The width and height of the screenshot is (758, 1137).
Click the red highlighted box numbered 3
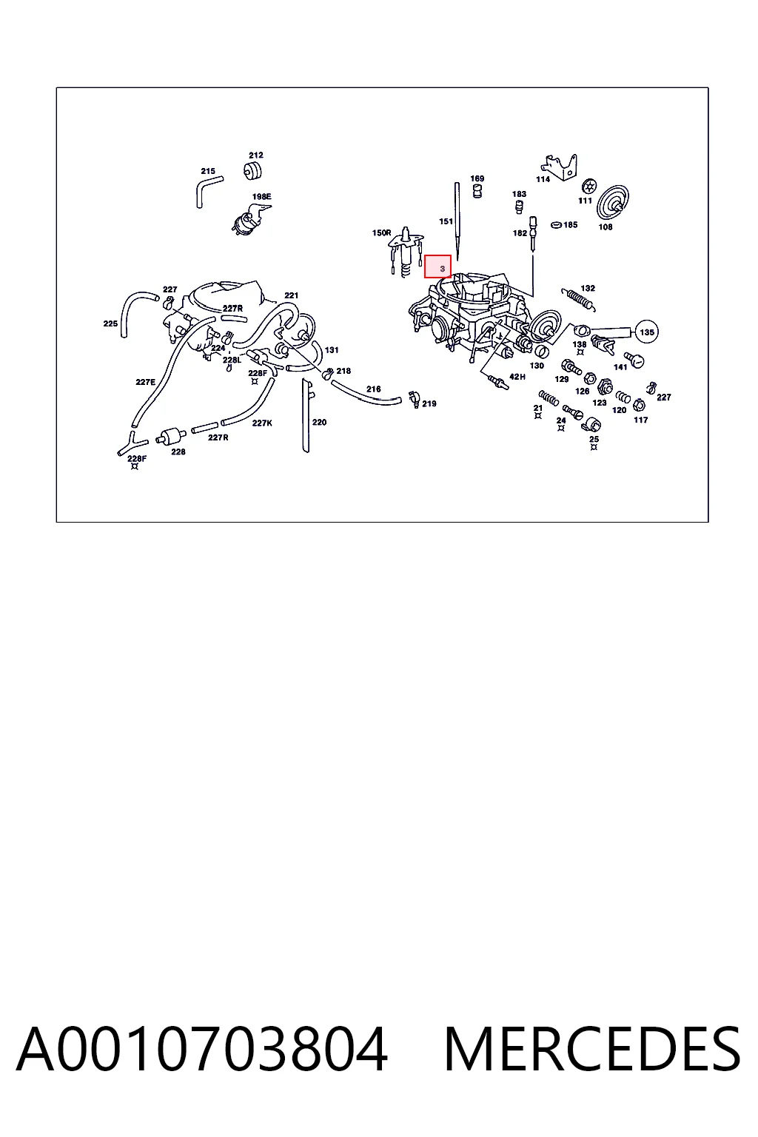437,266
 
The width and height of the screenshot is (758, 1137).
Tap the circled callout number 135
647,332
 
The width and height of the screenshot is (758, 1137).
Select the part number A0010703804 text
202,1049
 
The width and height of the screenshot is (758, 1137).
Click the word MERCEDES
592,1049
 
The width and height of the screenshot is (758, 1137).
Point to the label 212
256,155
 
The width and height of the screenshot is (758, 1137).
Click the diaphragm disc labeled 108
614,203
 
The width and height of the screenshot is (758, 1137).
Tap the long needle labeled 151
457,221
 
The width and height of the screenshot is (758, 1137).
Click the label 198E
262,196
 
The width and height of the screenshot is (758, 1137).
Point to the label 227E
146,382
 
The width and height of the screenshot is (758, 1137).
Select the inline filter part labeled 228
170,435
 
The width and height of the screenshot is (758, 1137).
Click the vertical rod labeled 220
306,415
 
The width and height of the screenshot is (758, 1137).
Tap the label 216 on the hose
374,389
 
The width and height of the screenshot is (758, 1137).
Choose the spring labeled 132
578,300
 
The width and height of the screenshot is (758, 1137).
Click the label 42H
517,377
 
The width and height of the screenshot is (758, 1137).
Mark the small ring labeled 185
556,224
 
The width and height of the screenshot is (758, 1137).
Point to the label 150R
382,232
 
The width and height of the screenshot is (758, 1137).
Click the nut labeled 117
640,405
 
